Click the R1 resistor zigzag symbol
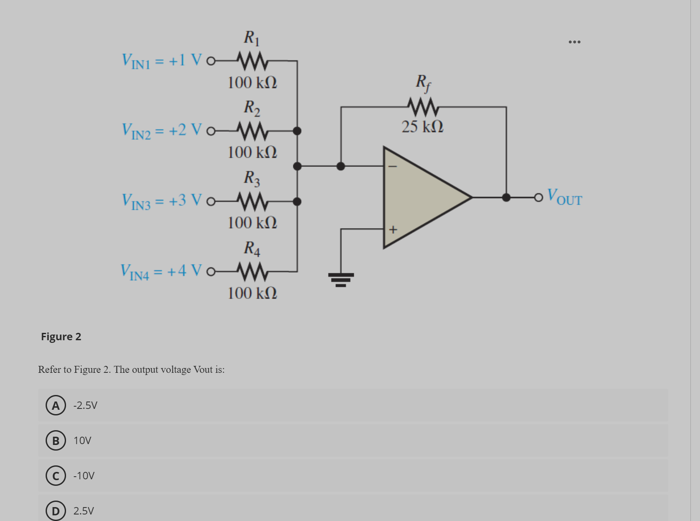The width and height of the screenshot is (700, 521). pos(252,61)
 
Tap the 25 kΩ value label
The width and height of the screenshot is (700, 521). pos(422,126)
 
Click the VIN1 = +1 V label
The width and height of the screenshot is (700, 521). pos(162,61)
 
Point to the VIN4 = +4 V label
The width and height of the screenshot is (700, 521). pos(161,272)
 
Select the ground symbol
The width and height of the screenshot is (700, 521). pos(341,279)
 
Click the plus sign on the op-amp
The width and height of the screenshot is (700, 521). pos(393,229)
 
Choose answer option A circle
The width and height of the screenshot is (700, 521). pos(56,405)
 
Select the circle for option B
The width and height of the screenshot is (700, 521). pos(56,441)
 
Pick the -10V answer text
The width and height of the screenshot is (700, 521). pos(84,476)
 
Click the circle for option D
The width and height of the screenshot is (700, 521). pos(56,511)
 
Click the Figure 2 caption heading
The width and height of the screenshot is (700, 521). pos(61,337)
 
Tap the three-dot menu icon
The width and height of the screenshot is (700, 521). pos(574,42)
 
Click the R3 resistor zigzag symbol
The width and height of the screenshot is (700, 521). pos(252,201)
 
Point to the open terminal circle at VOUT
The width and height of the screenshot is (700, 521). pos(539,197)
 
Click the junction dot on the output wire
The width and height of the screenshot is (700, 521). pos(506,197)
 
